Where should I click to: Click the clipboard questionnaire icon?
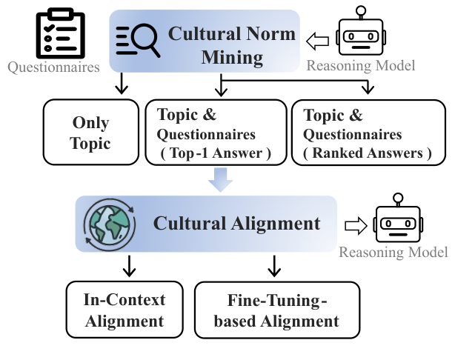click(x=60, y=33)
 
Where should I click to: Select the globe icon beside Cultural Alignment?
click(x=110, y=224)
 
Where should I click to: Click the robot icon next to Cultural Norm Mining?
click(x=361, y=31)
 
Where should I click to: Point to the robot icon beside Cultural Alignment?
click(x=398, y=218)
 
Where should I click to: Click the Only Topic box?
click(x=91, y=133)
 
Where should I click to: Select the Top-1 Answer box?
click(x=216, y=133)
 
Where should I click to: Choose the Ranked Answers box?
click(x=368, y=133)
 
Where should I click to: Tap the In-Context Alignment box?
click(x=124, y=310)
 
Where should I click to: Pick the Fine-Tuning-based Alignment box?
click(x=277, y=310)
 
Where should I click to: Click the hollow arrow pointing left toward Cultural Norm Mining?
click(x=317, y=41)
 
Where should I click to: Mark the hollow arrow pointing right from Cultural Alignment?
click(x=356, y=226)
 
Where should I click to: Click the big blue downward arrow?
click(x=221, y=180)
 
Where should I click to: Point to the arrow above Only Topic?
click(x=122, y=83)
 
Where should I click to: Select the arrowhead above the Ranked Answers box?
click(x=368, y=89)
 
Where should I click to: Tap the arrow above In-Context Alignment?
click(x=129, y=266)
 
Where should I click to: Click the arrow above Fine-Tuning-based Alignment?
click(x=274, y=266)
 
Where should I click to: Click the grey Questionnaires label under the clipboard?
click(x=53, y=67)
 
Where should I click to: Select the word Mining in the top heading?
click(x=232, y=57)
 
